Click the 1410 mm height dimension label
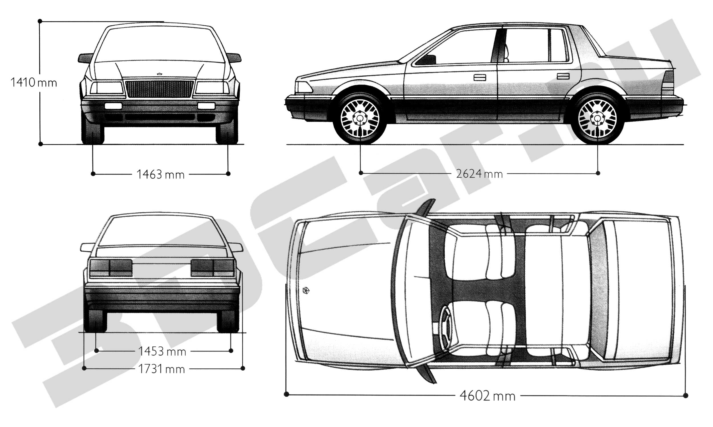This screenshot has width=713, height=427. coord(34,83)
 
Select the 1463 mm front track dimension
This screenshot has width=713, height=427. coord(160,175)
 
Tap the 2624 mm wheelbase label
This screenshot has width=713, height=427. coord(479,174)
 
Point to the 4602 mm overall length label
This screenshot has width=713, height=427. coord(487,396)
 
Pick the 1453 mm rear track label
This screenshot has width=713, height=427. coord(162,351)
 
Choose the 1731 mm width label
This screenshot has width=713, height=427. coord(161,369)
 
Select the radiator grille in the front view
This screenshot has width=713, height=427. coord(159,89)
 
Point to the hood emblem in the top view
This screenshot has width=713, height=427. coord(306,290)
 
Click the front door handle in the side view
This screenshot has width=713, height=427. coord(479,77)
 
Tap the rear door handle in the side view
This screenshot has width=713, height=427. coord(563,76)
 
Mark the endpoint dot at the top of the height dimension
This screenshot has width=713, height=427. coord(40,21)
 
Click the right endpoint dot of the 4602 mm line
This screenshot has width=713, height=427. coord(686,396)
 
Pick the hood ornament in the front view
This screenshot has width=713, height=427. coord(159,74)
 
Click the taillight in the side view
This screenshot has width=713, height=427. coord(669,81)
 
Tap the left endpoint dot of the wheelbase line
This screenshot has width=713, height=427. coord(361,173)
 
